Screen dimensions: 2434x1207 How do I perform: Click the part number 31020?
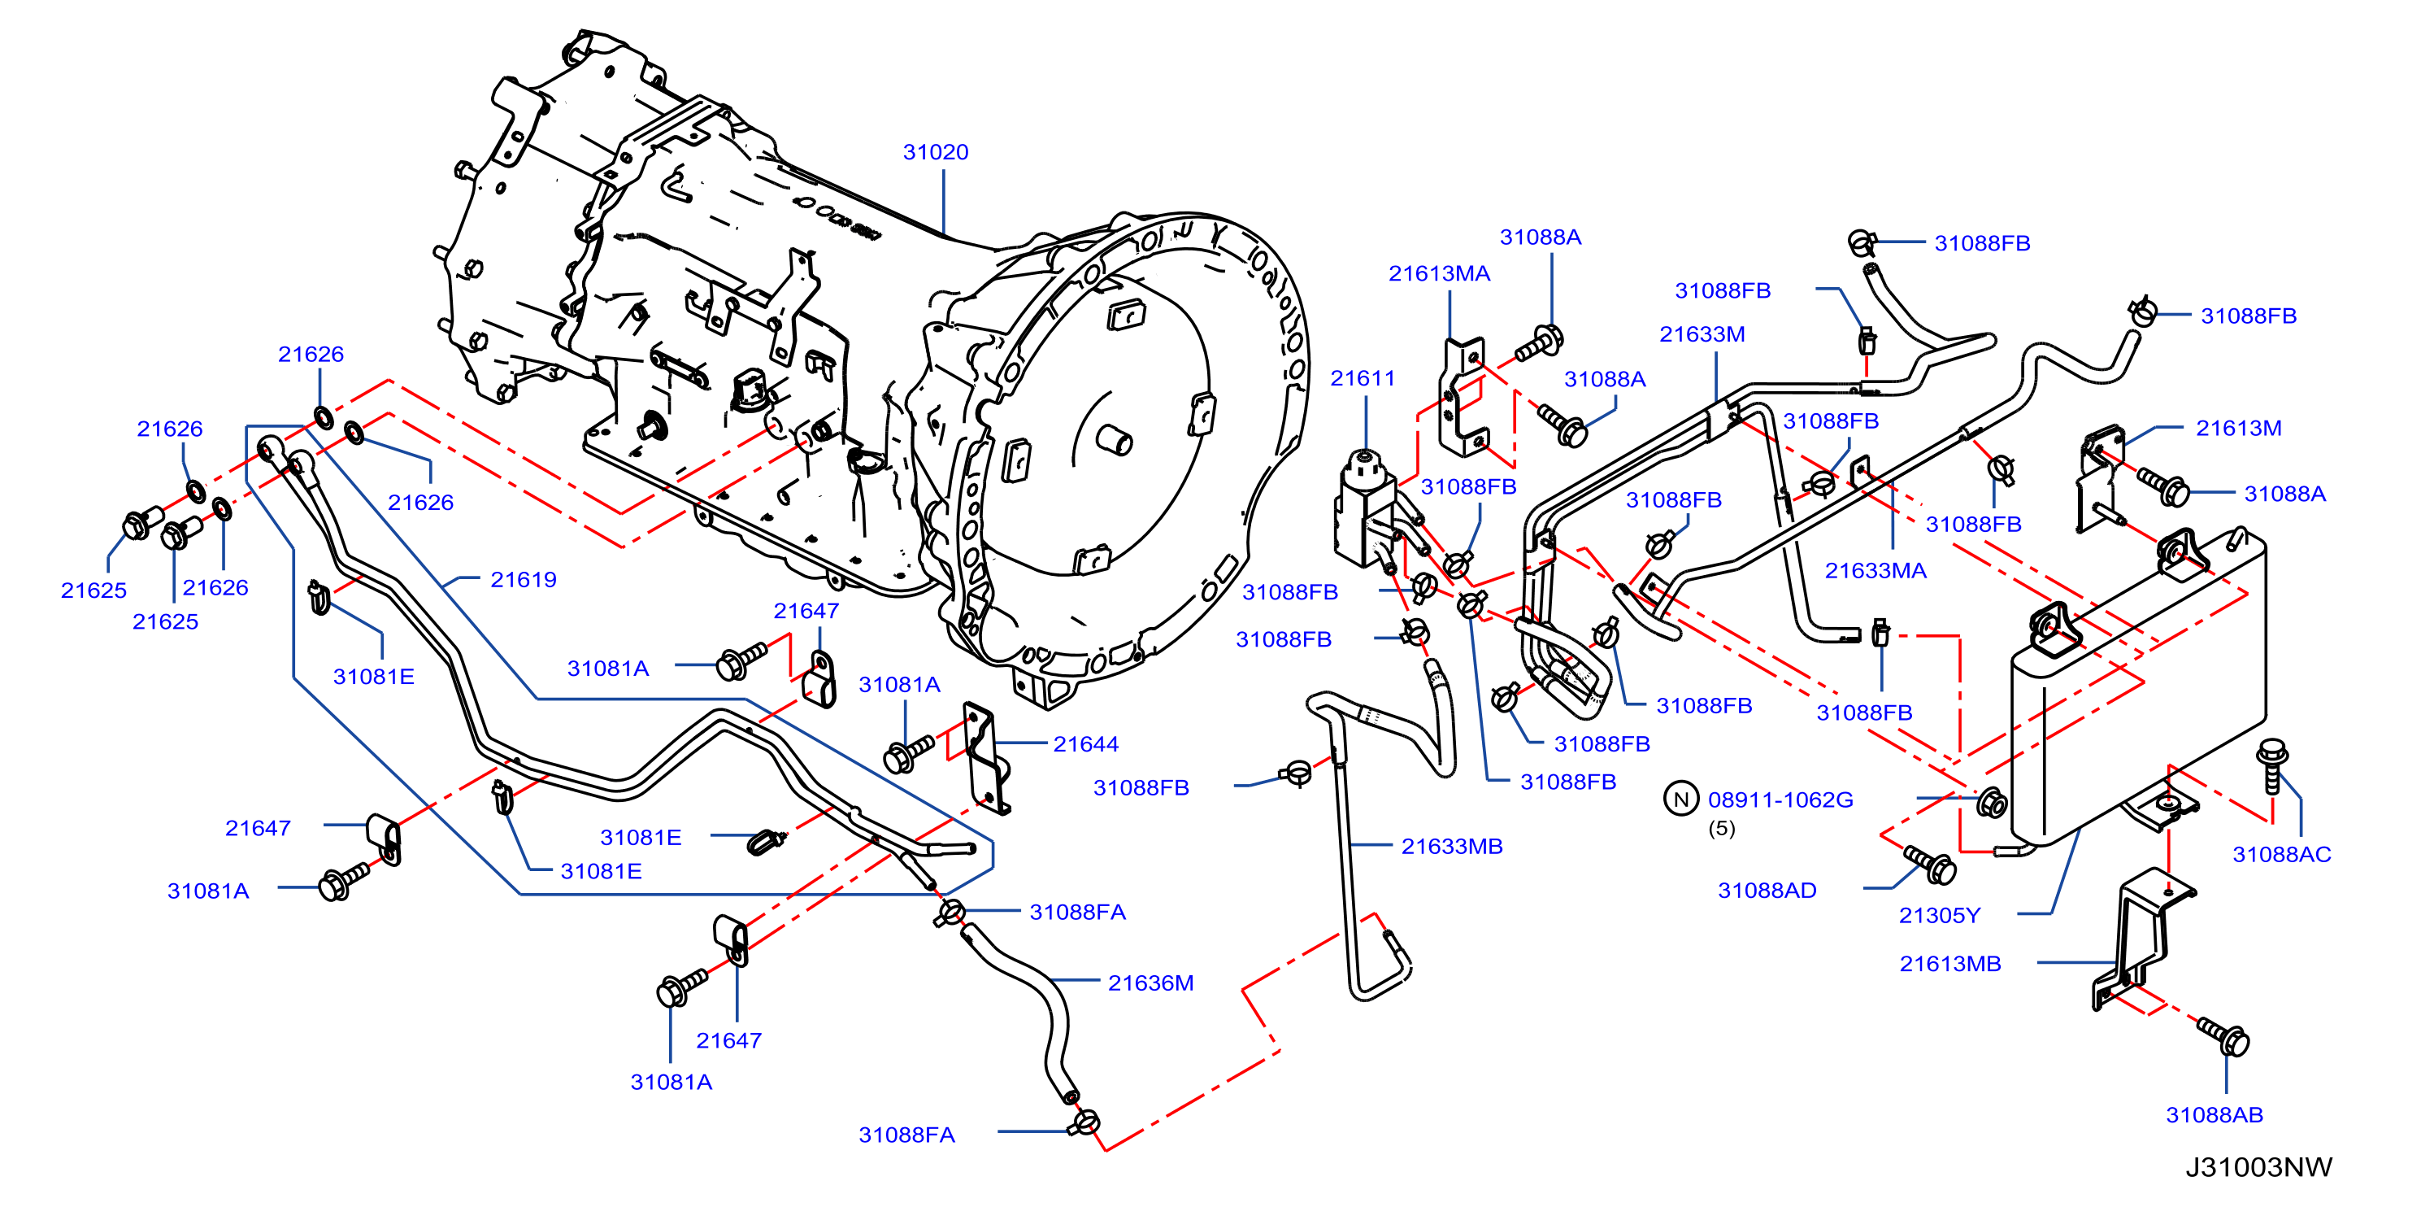[x=936, y=152]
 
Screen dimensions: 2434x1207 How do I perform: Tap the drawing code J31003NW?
[x=2258, y=1167]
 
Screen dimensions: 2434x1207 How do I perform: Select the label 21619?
[x=524, y=579]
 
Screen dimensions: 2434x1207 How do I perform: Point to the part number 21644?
[x=1085, y=744]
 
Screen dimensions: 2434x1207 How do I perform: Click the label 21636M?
[x=1151, y=983]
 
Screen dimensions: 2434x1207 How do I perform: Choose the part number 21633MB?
[x=1451, y=846]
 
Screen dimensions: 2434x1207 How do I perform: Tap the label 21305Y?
[x=1940, y=915]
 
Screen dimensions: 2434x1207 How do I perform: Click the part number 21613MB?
[x=1950, y=963]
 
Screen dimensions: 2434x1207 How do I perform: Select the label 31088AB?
[x=2215, y=1114]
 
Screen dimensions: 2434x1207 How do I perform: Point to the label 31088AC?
[x=2282, y=855]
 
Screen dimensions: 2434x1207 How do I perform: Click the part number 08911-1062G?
[x=1780, y=800]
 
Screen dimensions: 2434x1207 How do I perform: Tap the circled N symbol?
[x=1681, y=800]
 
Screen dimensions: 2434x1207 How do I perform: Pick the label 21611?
[x=1363, y=378]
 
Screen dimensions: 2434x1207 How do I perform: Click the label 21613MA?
[x=1439, y=273]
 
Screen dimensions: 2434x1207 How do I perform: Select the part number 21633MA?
[x=1875, y=570]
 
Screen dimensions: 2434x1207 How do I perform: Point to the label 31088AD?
[x=1767, y=891]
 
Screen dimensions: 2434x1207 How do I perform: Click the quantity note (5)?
[x=1722, y=828]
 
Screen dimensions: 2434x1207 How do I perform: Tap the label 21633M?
[x=1702, y=333]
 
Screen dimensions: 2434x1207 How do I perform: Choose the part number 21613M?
[x=2238, y=428]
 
